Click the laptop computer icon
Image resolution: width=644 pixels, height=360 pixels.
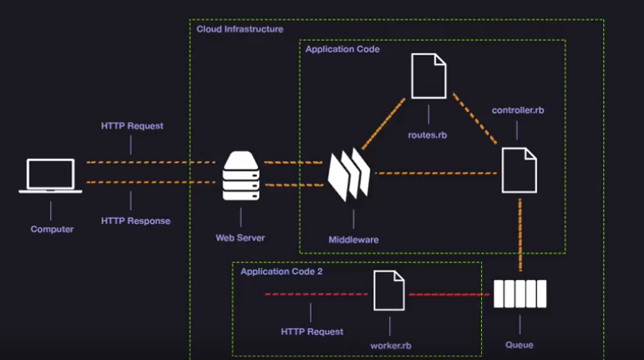(50, 175)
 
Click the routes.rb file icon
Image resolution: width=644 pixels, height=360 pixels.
(429, 76)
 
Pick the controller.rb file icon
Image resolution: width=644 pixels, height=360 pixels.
(519, 170)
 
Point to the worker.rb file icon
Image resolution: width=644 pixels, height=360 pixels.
(389, 292)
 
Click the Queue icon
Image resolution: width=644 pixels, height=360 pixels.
(519, 294)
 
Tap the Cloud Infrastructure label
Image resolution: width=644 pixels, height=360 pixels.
(240, 29)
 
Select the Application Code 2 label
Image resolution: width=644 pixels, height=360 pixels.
(281, 271)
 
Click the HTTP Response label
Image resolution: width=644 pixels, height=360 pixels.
(135, 221)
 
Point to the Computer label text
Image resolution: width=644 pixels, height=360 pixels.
(52, 229)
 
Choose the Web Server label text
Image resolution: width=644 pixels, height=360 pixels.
(240, 238)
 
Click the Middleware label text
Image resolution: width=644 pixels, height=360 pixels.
(353, 240)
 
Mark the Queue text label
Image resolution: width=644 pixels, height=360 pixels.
(519, 345)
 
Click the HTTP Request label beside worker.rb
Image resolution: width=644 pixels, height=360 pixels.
(312, 332)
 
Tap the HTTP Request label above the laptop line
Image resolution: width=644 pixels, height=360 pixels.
(132, 126)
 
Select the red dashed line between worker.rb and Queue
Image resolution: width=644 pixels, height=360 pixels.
(449, 294)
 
